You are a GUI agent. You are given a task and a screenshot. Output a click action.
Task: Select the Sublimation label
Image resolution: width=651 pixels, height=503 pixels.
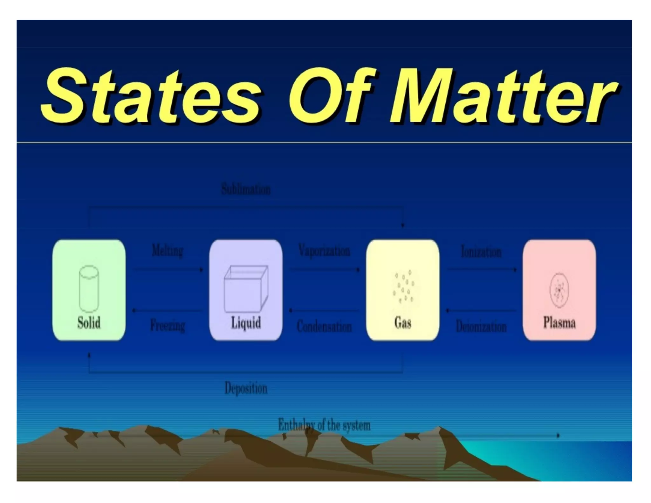tap(246, 189)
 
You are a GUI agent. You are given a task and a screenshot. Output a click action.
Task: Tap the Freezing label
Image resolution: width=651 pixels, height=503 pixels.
tap(168, 326)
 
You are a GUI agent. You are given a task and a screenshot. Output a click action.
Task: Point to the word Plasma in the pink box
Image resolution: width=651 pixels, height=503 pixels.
tap(559, 322)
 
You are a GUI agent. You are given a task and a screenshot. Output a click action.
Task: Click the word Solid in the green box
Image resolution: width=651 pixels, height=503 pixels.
tap(89, 322)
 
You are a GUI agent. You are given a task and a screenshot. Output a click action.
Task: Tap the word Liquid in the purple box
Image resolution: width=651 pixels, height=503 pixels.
tap(246, 322)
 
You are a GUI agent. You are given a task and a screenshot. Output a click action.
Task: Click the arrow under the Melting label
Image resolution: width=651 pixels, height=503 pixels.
tap(168, 270)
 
